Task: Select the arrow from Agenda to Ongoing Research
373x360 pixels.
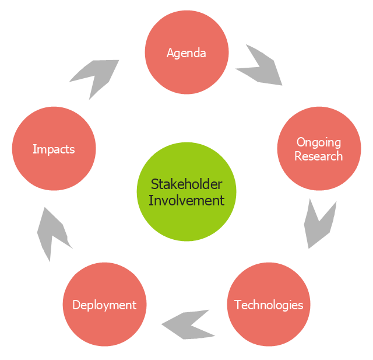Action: [x=261, y=66]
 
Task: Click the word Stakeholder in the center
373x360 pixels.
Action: [x=186, y=184]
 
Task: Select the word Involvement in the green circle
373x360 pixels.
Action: [x=186, y=200]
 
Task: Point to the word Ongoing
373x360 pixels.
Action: [x=318, y=142]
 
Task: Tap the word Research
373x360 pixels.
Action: [x=318, y=156]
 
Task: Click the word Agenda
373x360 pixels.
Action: [x=186, y=53]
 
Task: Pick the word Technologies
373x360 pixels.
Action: [x=269, y=305]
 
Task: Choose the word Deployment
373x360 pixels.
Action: [x=104, y=305]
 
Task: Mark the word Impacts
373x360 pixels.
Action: [x=54, y=149]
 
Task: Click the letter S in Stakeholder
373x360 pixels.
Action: [x=154, y=184]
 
